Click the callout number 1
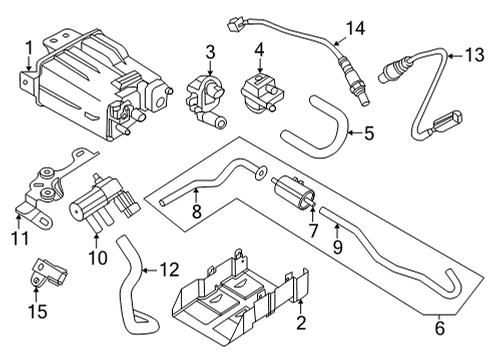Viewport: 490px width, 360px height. coord(29,45)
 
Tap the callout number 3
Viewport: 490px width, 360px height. coord(210,52)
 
